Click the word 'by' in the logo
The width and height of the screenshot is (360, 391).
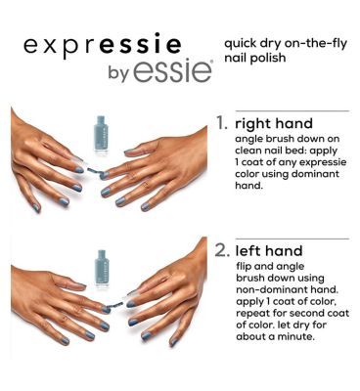[x=115, y=74]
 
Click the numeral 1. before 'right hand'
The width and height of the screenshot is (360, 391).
[x=223, y=124]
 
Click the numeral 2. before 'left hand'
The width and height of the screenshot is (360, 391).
[x=223, y=250]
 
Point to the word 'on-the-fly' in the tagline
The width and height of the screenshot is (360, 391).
[x=313, y=42]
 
